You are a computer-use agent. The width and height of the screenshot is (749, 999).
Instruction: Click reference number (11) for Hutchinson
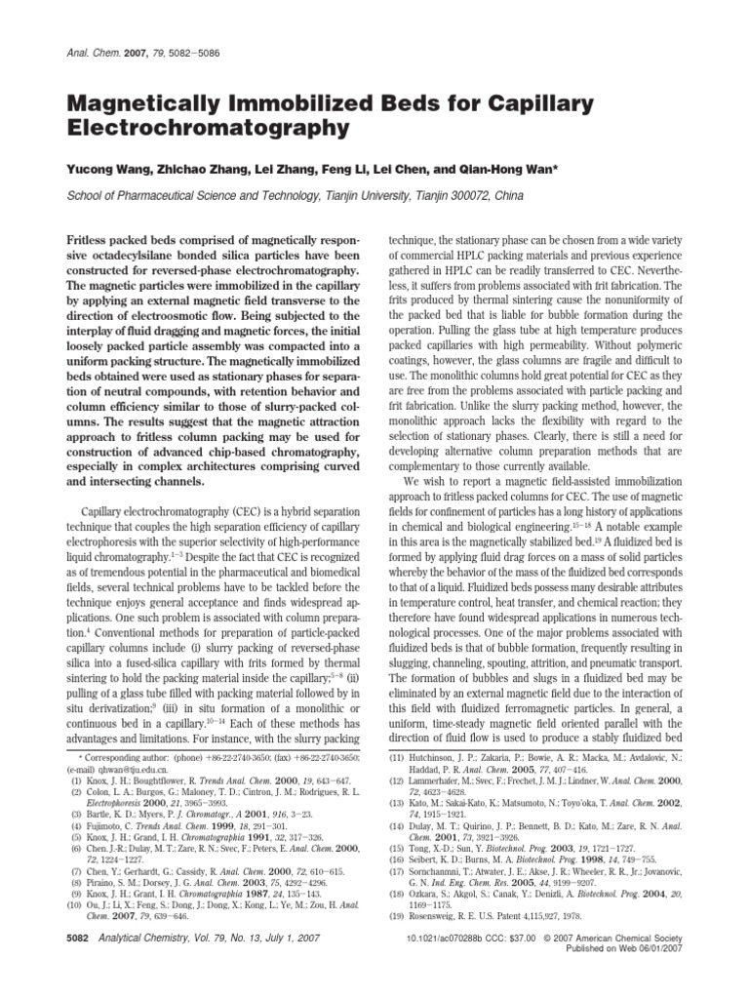pos(396,758)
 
